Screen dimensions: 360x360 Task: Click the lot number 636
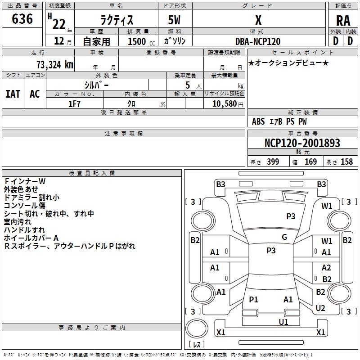click(22, 18)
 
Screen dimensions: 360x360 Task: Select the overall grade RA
click(343, 21)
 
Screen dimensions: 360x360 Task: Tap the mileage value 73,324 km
click(55, 64)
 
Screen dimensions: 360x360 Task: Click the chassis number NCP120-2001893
click(302, 143)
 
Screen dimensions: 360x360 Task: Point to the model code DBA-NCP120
click(258, 41)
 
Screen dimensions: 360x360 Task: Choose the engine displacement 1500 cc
click(141, 41)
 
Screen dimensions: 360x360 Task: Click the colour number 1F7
click(74, 104)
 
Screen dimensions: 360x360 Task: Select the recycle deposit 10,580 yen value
click(228, 104)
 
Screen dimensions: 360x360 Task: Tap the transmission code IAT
click(13, 94)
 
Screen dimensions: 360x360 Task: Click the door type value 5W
click(174, 20)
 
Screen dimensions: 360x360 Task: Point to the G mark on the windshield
click(284, 237)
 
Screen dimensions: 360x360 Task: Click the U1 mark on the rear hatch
click(283, 322)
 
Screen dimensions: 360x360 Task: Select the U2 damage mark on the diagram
click(320, 308)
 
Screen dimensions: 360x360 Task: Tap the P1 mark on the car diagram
click(253, 299)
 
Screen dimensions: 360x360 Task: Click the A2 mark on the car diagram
click(326, 267)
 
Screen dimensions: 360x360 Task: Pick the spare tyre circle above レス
click(197, 328)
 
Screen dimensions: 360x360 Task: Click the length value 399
click(273, 162)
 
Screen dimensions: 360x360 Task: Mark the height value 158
click(346, 162)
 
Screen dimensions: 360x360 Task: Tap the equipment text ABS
click(258, 121)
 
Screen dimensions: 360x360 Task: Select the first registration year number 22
click(59, 24)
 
